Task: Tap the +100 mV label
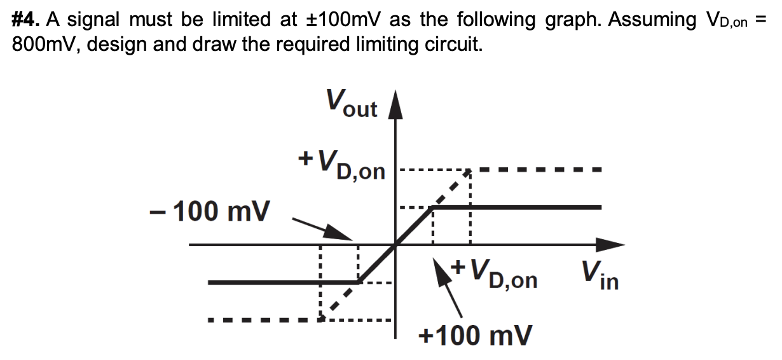coord(476,335)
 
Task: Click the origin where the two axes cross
coord(396,244)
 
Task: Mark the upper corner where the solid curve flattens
coord(432,207)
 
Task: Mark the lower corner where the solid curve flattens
coord(359,282)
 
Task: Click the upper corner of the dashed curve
coord(469,170)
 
